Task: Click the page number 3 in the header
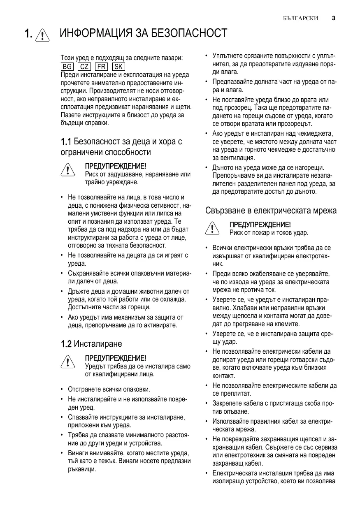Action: [x=333, y=18]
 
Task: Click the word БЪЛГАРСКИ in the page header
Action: [x=300, y=19]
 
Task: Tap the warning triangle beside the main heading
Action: [x=42, y=35]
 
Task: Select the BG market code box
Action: [x=67, y=67]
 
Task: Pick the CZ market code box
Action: [x=84, y=67]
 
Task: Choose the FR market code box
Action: [x=101, y=67]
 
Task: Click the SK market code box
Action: [x=118, y=67]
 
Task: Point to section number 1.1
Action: [x=66, y=142]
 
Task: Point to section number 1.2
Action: [x=66, y=343]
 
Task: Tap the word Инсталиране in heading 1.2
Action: [x=98, y=343]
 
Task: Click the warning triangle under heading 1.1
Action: [x=67, y=171]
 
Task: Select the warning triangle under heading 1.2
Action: [x=67, y=362]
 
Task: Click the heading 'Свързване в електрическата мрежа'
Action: [x=271, y=211]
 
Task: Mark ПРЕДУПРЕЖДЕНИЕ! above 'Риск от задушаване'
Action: [x=115, y=166]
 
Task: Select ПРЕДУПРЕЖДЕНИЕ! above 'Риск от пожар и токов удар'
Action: [x=260, y=224]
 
